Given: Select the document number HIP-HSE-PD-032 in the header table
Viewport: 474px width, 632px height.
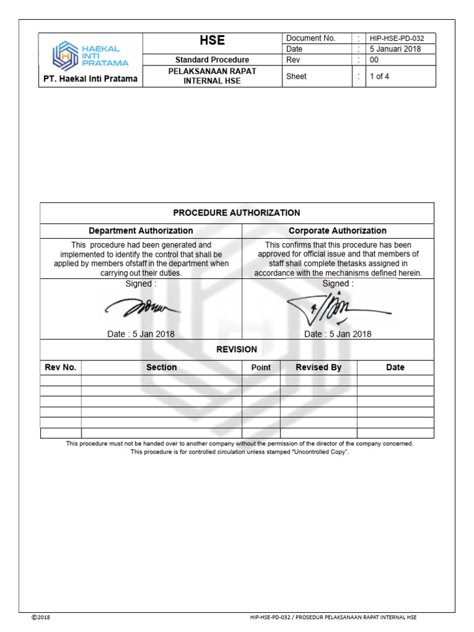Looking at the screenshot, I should coord(397,38).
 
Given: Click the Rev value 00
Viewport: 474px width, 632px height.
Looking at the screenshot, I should coord(374,60).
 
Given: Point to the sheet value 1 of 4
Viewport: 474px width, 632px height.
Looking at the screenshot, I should coord(379,77).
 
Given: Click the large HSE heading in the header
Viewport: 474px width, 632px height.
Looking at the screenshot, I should coord(212,41).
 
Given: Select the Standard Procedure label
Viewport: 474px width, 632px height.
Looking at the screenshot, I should coord(212,60).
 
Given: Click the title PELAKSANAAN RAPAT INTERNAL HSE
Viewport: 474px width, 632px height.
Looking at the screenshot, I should coord(212,76).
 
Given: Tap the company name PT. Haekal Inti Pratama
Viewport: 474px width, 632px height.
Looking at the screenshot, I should coord(90,79).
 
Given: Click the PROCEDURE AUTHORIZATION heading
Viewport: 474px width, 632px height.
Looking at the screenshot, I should coord(236,212).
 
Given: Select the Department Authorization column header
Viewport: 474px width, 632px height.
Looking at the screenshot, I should coord(141,230).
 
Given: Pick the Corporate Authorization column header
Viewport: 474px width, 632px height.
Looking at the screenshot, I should coord(338,230).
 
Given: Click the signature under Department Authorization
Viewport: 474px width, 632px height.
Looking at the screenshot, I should coord(141,307).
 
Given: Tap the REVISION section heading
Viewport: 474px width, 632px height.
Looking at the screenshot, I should coord(236,349).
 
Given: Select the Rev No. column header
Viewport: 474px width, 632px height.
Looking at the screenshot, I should coord(60,367).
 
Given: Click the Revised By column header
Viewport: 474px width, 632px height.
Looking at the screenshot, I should coord(318,367).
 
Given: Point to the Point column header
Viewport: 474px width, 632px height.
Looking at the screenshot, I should coord(261,367).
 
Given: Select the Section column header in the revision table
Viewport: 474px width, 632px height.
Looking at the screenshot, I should coord(161,367).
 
